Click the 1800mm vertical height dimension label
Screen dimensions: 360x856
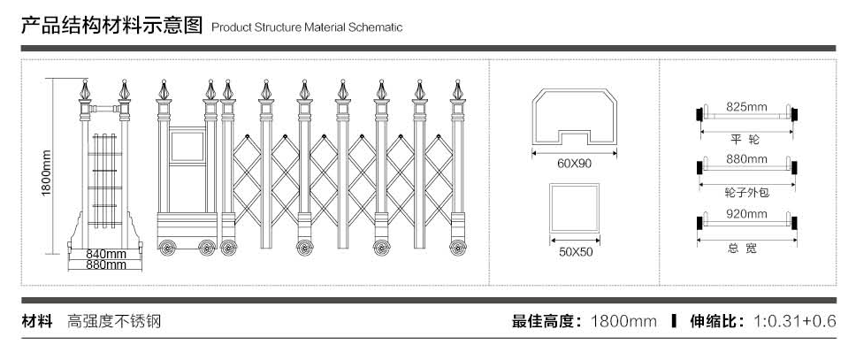coord(47,173)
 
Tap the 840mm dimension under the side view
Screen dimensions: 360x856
coord(106,254)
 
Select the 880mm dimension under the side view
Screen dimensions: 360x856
coord(106,264)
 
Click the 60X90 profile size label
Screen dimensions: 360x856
coord(574,164)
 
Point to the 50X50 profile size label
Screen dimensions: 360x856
coord(575,252)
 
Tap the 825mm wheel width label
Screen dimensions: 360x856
coord(747,106)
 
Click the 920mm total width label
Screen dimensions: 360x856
coord(747,213)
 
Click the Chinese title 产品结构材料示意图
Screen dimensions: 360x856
coord(111,26)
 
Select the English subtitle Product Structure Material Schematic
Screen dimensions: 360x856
coord(307,27)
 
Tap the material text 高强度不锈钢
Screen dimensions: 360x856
coord(114,321)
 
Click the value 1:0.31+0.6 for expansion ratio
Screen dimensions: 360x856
coord(794,321)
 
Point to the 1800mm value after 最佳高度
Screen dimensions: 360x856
coord(623,321)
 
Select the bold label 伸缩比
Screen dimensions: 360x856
coord(716,321)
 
